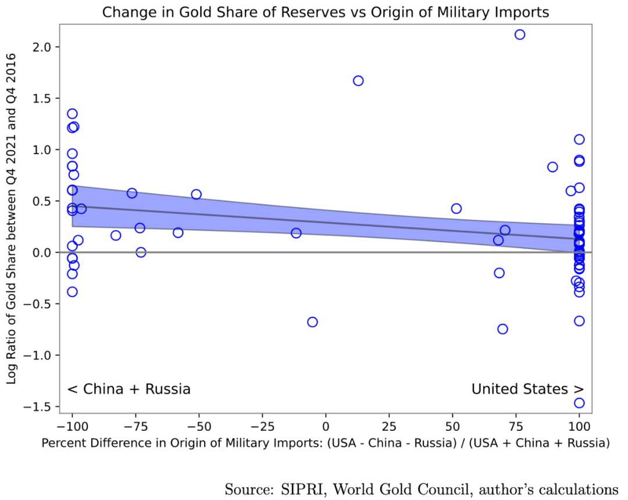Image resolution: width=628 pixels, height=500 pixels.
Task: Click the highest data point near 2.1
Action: click(520, 34)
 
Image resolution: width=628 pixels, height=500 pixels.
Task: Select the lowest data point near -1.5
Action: click(579, 403)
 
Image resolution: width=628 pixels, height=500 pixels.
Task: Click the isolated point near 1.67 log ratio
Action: click(358, 81)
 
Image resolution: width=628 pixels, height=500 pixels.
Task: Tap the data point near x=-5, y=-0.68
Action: click(312, 322)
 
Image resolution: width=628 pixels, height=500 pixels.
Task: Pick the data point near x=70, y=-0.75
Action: click(502, 329)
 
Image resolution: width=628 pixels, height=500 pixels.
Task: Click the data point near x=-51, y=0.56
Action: click(196, 194)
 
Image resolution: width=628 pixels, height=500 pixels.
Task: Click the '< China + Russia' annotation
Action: click(129, 389)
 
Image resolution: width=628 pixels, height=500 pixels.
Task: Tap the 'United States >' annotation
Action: click(527, 389)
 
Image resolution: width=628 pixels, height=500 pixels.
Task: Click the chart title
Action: click(326, 12)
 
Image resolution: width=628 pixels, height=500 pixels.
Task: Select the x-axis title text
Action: click(326, 443)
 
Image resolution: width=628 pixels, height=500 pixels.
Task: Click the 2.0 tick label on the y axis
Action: click(42, 47)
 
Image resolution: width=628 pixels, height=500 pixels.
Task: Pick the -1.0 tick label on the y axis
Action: click(38, 355)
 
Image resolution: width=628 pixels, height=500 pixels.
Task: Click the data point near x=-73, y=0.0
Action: click(141, 252)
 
